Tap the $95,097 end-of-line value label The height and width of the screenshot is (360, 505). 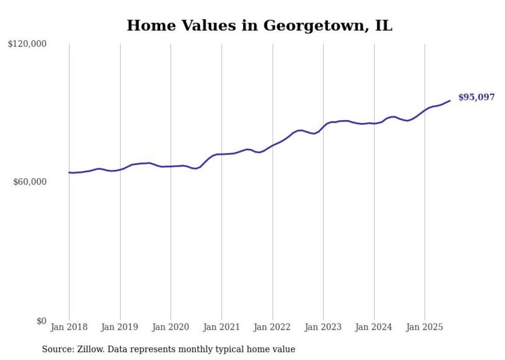(476, 97)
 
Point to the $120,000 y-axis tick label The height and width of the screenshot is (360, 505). (27, 44)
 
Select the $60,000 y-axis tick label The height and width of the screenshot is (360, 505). (29, 182)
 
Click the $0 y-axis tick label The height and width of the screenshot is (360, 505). (41, 321)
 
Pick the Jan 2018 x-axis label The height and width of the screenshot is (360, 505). (69, 327)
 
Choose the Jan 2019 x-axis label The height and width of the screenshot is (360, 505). (120, 327)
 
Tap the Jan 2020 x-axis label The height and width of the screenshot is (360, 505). (171, 327)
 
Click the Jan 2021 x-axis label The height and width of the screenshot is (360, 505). (222, 327)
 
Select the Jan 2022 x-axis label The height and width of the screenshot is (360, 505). (273, 327)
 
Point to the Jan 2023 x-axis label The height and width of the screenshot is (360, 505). (323, 327)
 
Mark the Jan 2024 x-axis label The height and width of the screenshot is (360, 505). (374, 327)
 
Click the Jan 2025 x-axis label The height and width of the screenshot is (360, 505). (425, 327)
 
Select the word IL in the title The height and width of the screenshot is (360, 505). (383, 26)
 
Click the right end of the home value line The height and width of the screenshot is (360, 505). (450, 100)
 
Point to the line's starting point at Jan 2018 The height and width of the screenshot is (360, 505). (69, 173)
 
